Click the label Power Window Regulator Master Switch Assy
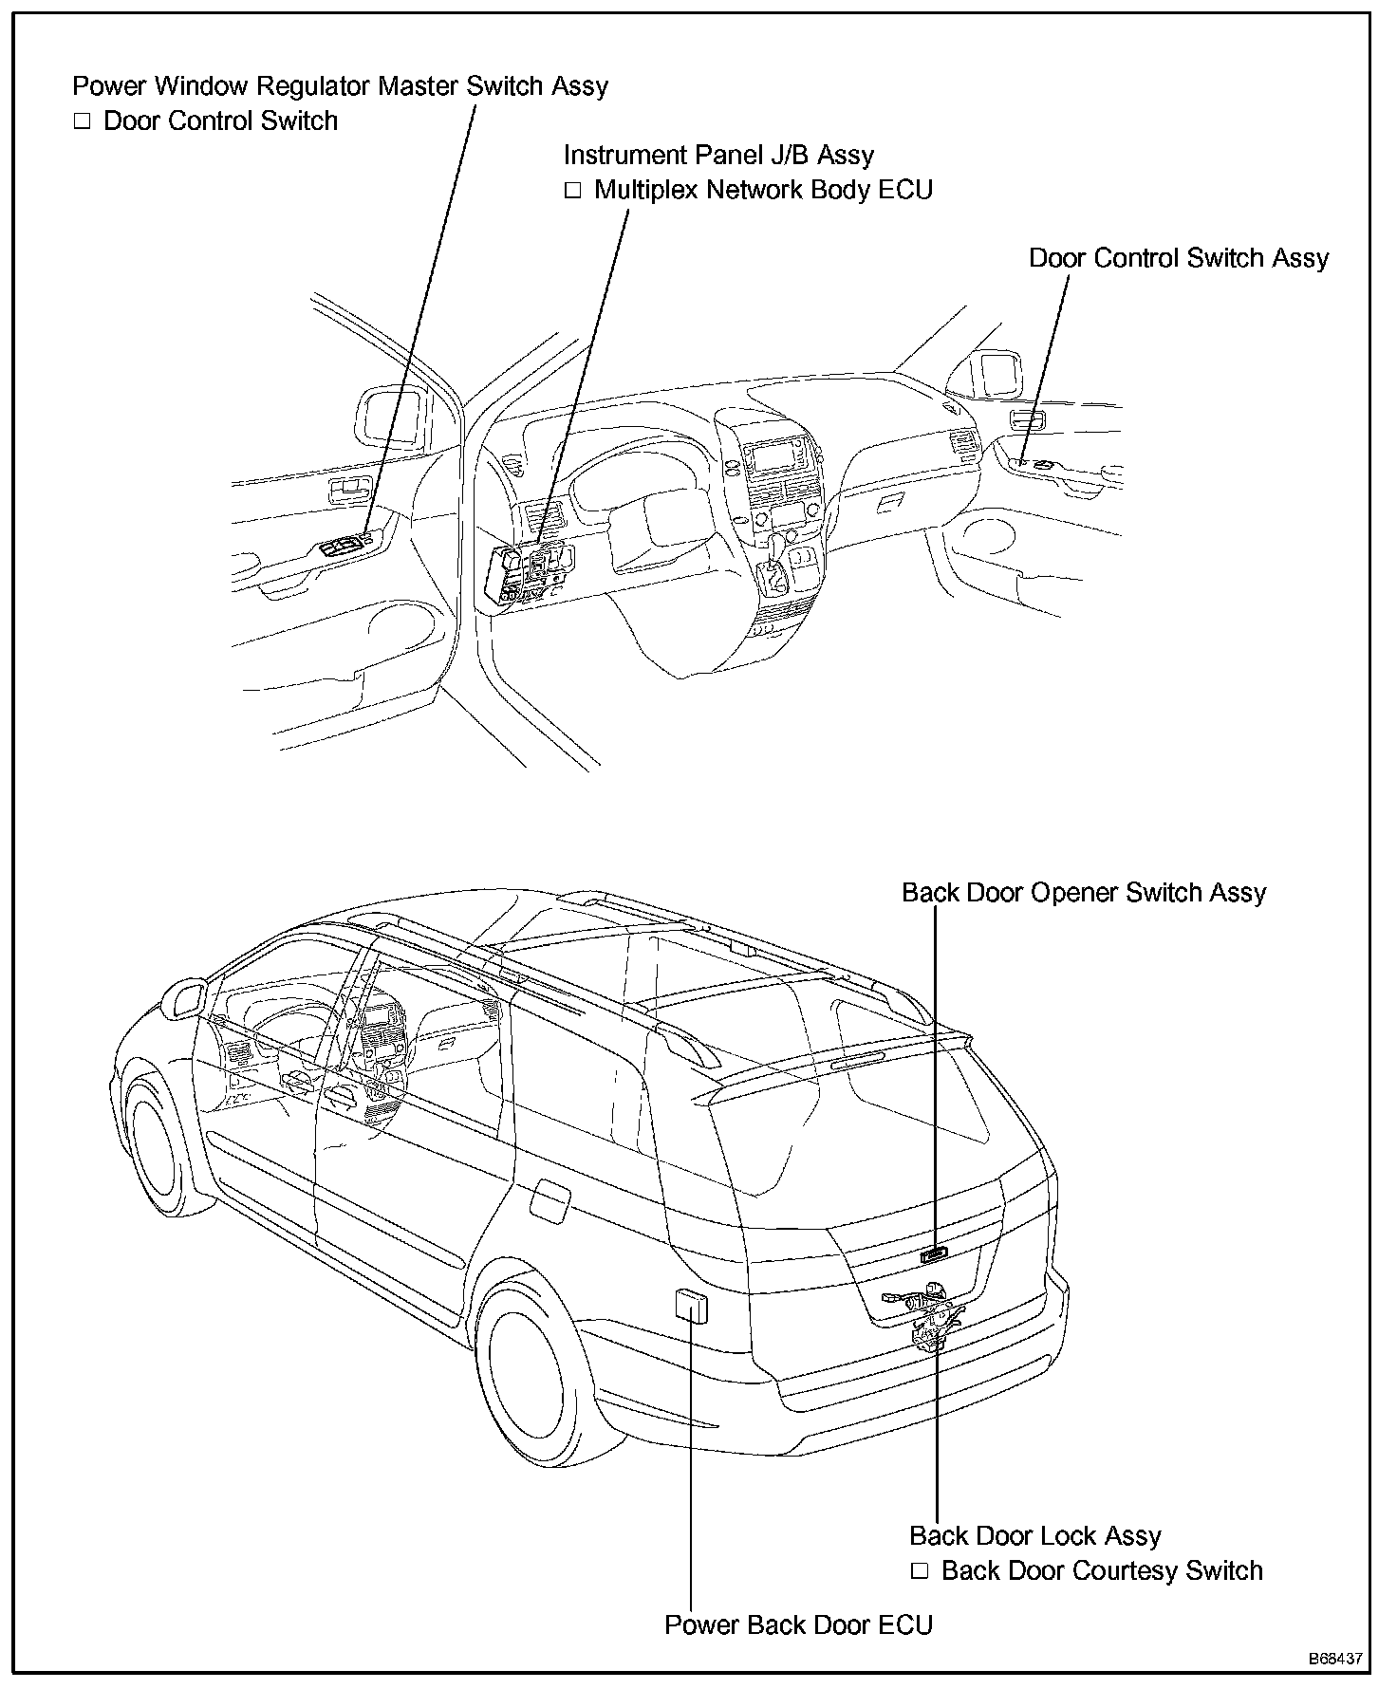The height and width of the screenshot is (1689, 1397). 340,86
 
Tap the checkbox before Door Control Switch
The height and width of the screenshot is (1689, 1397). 82,121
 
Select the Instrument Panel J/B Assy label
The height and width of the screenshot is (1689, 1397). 718,155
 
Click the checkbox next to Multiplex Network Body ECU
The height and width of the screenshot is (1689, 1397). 572,191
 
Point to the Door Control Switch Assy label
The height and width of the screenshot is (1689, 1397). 1179,258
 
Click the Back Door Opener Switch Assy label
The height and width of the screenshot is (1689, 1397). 1084,893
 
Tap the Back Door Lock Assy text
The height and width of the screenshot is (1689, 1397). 1034,1536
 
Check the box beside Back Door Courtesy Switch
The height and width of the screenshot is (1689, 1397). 919,1571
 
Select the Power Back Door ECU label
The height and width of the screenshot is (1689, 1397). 798,1625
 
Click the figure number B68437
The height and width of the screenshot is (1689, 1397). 1335,1659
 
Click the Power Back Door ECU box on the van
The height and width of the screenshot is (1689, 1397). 690,1306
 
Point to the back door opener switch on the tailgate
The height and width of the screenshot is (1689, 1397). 934,1254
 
